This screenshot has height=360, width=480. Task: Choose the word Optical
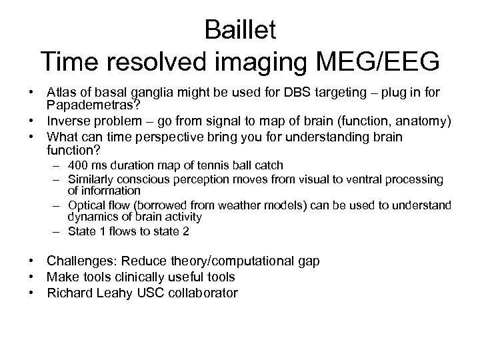(x=85, y=205)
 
